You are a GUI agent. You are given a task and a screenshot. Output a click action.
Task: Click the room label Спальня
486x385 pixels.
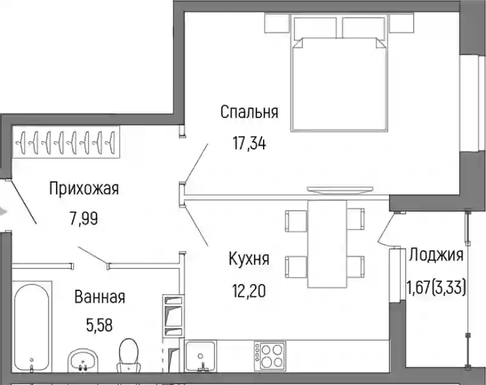point(249,112)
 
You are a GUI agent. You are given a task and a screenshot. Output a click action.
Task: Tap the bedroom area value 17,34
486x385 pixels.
point(249,144)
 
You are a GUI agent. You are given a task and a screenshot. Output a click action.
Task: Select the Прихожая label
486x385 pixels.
point(84,189)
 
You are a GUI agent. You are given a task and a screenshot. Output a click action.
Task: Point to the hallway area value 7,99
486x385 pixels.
point(84,219)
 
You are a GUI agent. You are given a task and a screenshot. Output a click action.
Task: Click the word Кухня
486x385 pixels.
point(249,259)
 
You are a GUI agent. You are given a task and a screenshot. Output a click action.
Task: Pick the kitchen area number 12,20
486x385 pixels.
point(249,291)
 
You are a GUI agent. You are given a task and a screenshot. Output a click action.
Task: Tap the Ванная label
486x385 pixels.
point(100,297)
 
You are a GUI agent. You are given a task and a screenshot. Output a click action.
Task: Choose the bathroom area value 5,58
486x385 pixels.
point(99,325)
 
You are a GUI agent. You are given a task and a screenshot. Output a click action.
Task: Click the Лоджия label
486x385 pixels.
point(436,256)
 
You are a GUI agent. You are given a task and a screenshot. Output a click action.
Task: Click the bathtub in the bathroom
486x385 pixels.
point(32,327)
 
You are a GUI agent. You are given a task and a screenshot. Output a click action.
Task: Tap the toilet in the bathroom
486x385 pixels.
point(128,355)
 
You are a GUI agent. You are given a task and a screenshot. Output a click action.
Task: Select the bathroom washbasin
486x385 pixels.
point(83,361)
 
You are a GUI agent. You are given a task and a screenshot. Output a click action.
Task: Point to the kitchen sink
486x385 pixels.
point(201,356)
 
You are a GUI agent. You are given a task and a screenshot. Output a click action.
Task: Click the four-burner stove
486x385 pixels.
point(269,356)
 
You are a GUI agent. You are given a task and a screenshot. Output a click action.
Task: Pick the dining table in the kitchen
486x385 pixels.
point(327,244)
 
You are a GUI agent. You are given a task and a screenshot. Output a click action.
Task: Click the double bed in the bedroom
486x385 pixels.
point(340,74)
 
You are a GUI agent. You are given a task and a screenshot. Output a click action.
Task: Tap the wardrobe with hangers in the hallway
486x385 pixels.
point(66,142)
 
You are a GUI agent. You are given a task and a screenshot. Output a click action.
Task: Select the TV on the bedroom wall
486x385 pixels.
point(340,190)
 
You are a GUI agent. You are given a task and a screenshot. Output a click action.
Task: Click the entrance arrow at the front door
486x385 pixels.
point(3,212)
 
